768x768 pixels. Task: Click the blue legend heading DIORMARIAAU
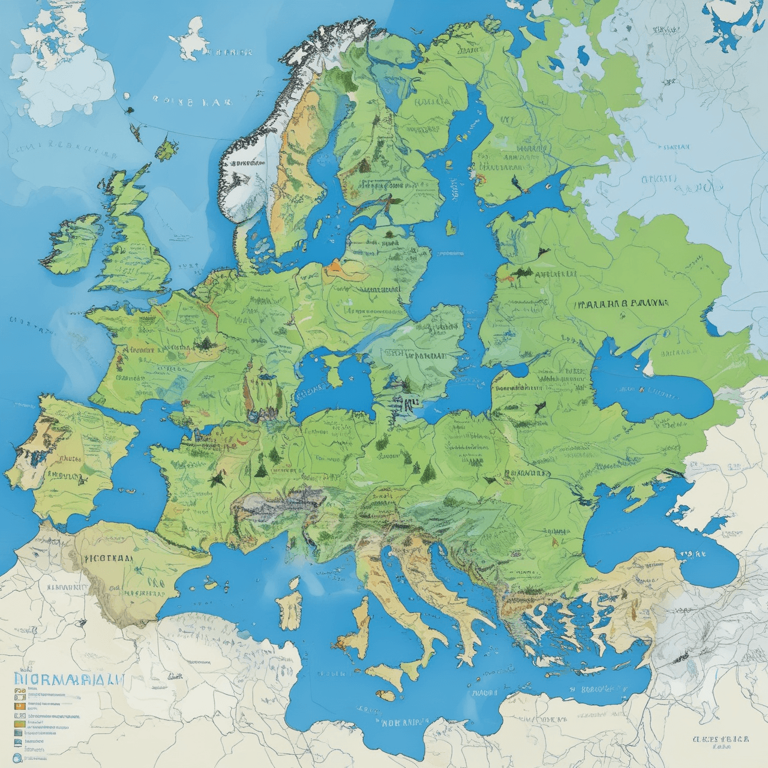tap(67, 680)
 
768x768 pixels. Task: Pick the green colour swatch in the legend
tap(19, 724)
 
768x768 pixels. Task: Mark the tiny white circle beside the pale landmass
tap(126, 95)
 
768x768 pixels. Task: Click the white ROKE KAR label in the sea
tap(192, 101)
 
